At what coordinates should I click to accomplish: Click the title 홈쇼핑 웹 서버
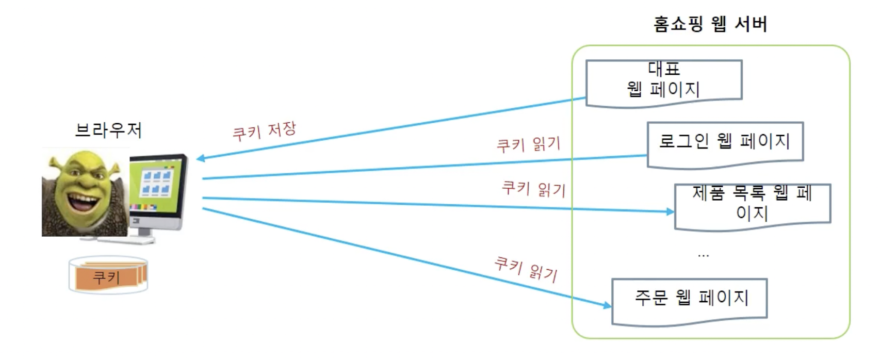[x=710, y=24]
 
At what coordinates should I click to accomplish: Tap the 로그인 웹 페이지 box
[x=725, y=143]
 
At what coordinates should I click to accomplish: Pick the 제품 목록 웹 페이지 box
[x=752, y=205]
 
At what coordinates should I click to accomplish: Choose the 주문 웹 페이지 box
[x=689, y=300]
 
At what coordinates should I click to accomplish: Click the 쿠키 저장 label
[x=264, y=131]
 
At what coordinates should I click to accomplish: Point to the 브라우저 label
[x=108, y=130]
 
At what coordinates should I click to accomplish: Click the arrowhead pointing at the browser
[x=201, y=158]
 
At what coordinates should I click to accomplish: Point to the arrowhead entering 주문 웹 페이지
[x=607, y=305]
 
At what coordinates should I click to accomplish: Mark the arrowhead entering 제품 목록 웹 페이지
[x=670, y=211]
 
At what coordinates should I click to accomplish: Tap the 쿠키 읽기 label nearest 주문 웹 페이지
[x=526, y=269]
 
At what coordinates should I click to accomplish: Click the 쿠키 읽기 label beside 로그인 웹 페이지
[x=528, y=144]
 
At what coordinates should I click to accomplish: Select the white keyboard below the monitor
[x=134, y=240]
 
